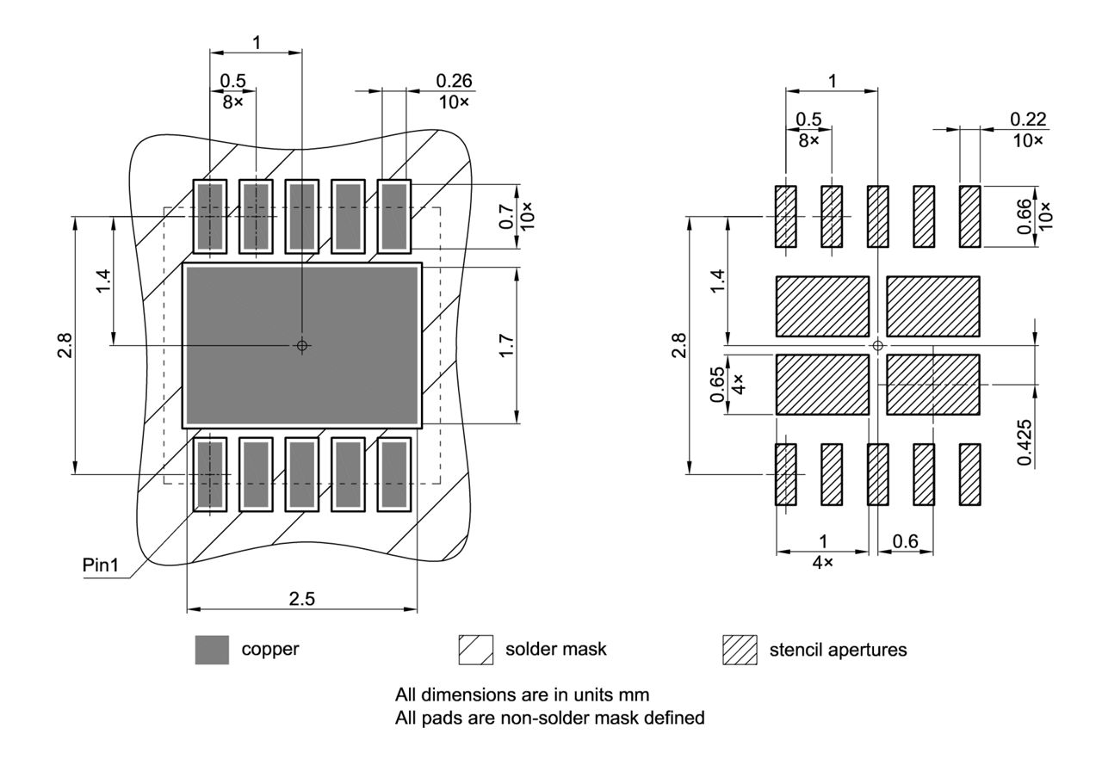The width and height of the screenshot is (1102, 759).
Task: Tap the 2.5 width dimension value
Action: click(x=301, y=599)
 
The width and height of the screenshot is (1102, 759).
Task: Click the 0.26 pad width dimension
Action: click(x=454, y=81)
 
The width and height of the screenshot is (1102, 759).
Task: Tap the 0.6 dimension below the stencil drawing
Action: click(x=906, y=541)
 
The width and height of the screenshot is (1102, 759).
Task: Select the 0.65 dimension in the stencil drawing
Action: click(x=717, y=385)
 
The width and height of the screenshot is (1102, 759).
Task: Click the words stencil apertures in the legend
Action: click(x=838, y=651)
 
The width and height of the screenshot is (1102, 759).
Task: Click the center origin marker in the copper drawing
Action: click(x=301, y=345)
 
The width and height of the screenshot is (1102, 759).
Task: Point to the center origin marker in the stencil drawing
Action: click(x=877, y=345)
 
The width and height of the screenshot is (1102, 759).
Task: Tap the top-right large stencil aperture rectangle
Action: click(x=933, y=306)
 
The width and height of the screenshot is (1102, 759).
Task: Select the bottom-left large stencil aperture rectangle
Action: click(x=822, y=385)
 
